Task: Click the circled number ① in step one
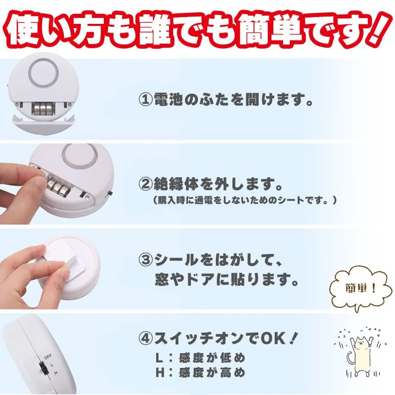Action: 145,100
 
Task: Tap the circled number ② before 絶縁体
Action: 145,184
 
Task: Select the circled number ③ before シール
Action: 145,260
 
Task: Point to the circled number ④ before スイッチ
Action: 145,339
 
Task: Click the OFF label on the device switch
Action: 48,357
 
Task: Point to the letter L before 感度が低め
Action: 159,358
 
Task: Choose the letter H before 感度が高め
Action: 160,372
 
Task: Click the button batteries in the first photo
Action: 42,108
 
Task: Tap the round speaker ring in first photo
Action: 44,72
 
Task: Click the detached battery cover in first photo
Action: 43,124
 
